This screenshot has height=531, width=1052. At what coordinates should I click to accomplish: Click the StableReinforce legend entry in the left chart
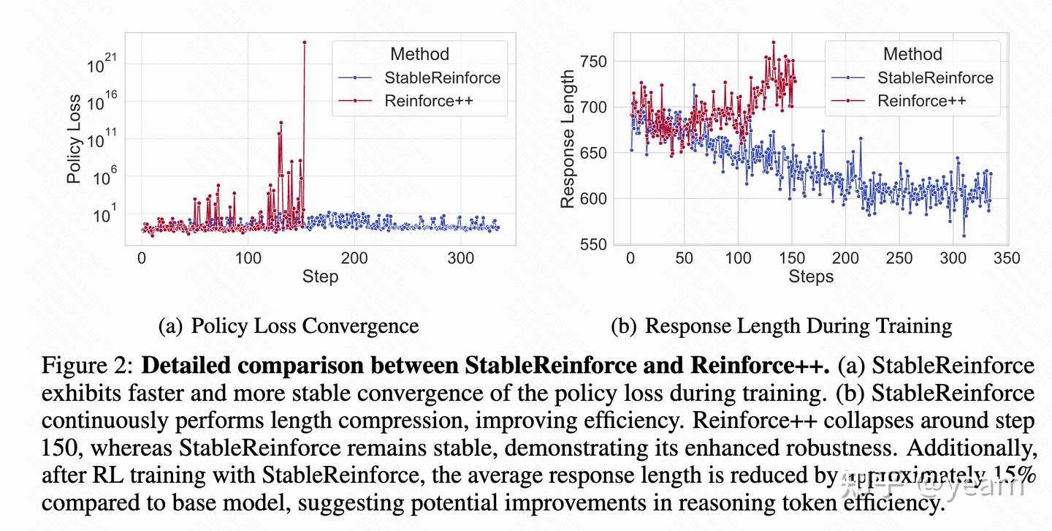click(442, 78)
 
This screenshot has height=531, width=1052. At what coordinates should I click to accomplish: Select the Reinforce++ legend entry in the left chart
click(429, 101)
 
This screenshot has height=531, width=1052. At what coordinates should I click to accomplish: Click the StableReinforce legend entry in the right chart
click(935, 78)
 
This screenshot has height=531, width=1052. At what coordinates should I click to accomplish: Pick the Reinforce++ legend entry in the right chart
click(921, 101)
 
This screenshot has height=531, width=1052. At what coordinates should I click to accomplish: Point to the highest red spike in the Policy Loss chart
click(304, 42)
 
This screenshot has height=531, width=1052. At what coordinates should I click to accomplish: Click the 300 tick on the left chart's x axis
click(461, 258)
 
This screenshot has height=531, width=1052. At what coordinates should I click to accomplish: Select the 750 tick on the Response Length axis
click(592, 61)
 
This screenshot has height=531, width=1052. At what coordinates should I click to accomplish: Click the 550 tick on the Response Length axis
click(592, 244)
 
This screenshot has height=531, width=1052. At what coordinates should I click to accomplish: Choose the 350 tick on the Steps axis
click(1007, 258)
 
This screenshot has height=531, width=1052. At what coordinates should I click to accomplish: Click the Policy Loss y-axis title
click(74, 139)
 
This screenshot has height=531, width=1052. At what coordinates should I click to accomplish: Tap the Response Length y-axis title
click(568, 139)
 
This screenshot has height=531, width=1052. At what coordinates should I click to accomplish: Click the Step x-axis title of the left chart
click(320, 276)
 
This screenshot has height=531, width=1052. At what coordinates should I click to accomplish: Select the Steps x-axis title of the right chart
click(811, 276)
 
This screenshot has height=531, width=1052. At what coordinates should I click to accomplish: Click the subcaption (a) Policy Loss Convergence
click(289, 326)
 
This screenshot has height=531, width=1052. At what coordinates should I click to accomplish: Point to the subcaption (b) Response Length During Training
click(781, 326)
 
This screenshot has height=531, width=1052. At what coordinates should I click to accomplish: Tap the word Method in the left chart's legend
click(419, 54)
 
